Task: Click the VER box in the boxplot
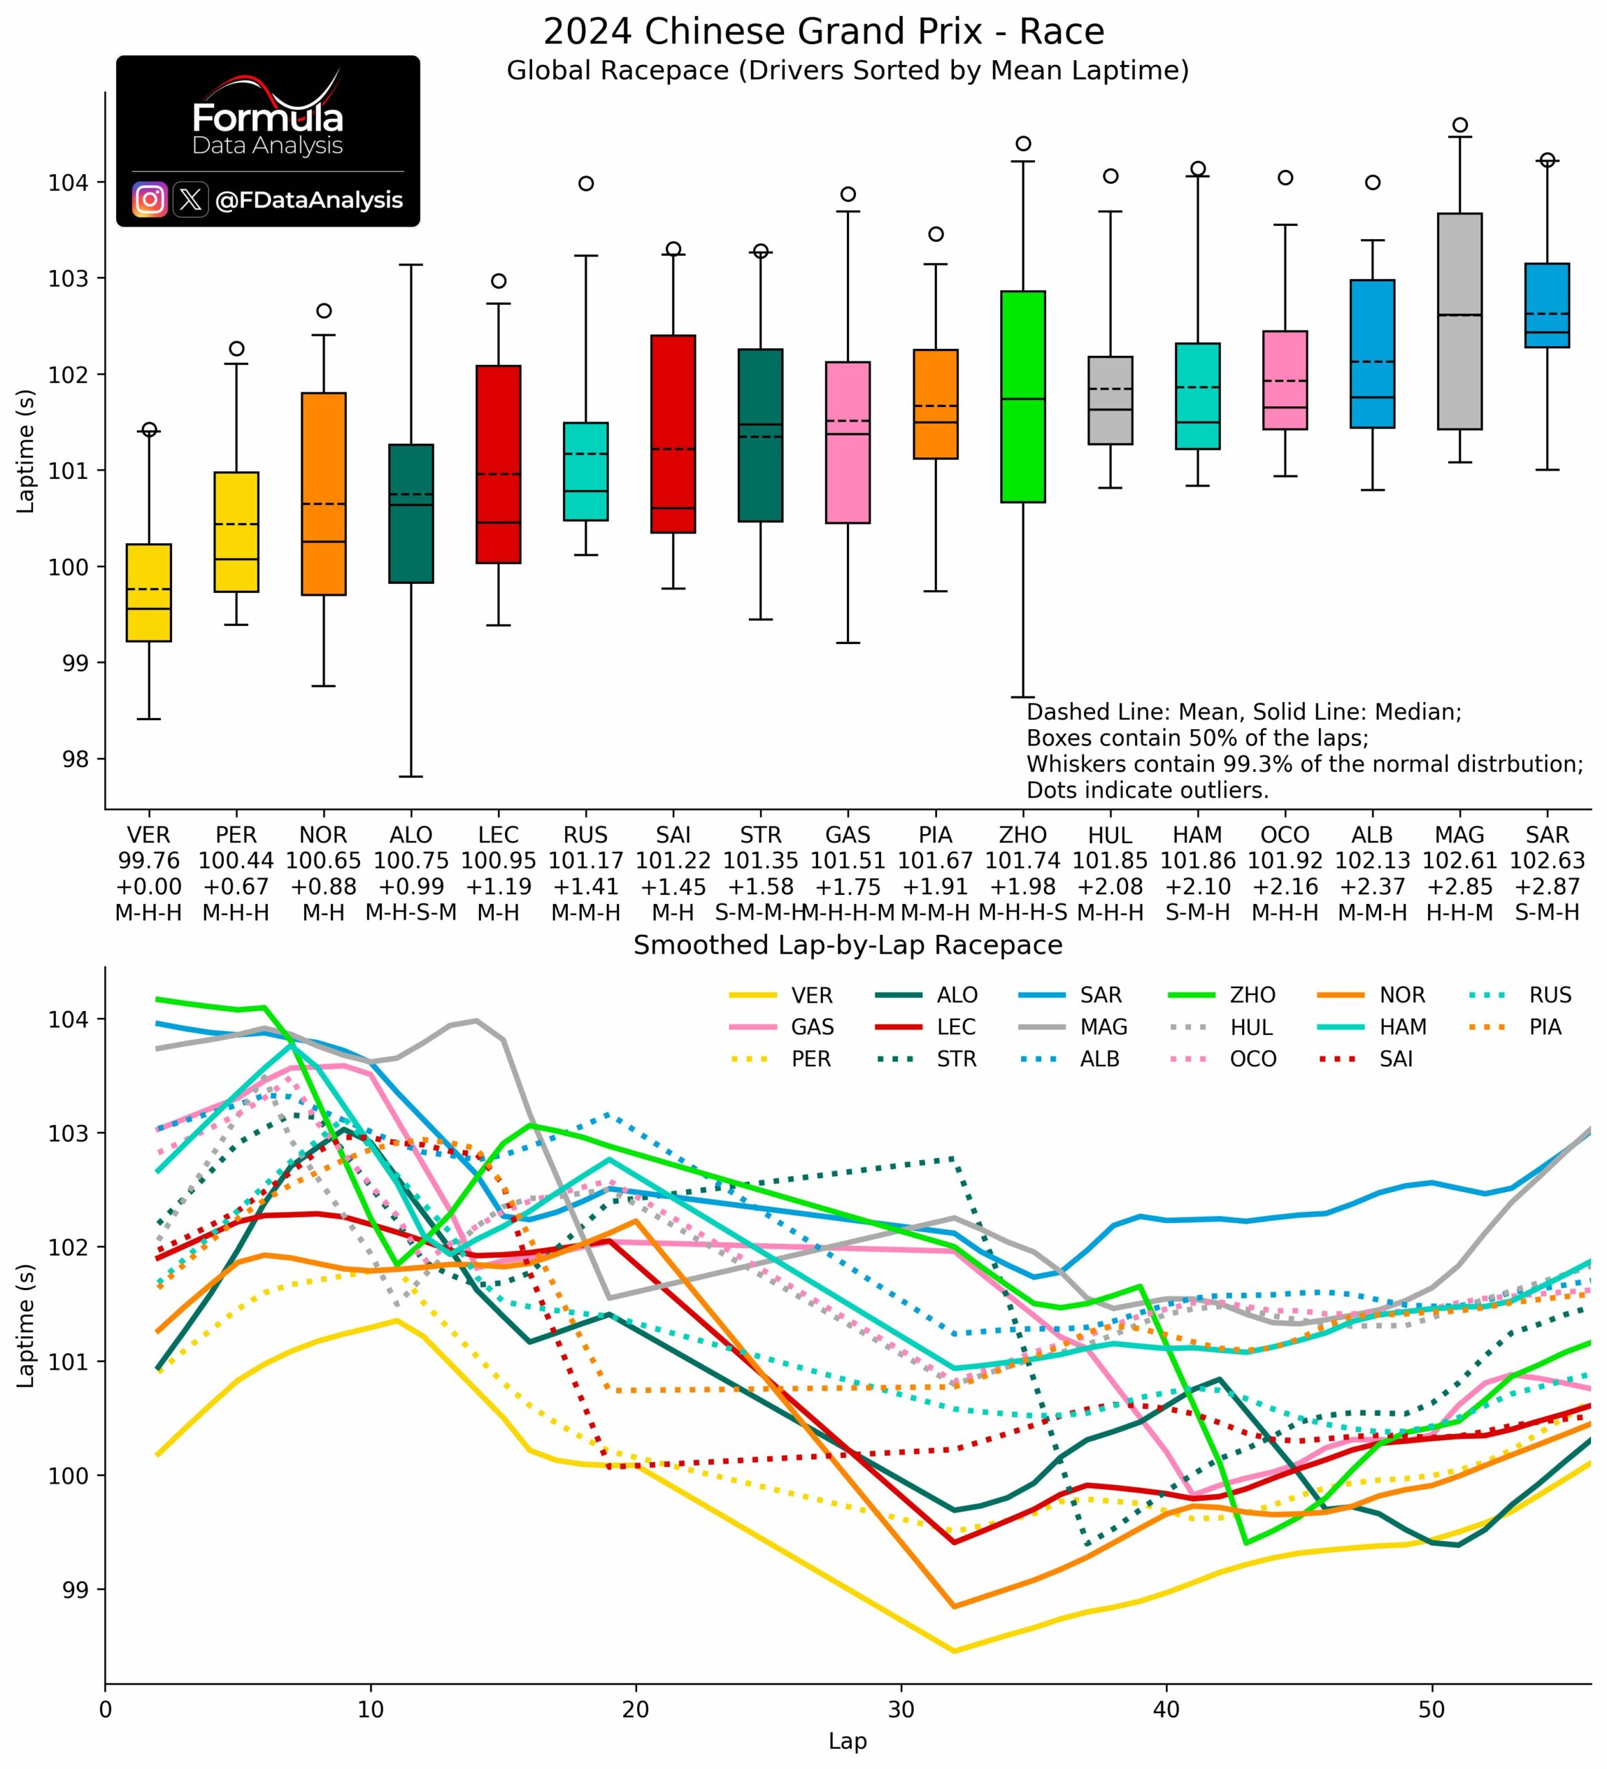pos(149,592)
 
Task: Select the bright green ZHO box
pos(1023,397)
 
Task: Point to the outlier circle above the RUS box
pos(586,183)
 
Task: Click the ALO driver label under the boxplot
pos(410,835)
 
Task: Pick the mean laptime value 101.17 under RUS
pos(586,861)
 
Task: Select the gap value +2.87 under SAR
pos(1546,887)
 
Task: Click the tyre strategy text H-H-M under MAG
pos(1460,913)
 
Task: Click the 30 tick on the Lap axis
pos(901,1710)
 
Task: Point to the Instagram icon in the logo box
pos(150,200)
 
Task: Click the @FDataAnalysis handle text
pos(309,200)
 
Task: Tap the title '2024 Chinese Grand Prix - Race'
pos(823,32)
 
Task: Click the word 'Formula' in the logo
pos(267,118)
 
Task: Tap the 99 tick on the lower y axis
pos(77,1589)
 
